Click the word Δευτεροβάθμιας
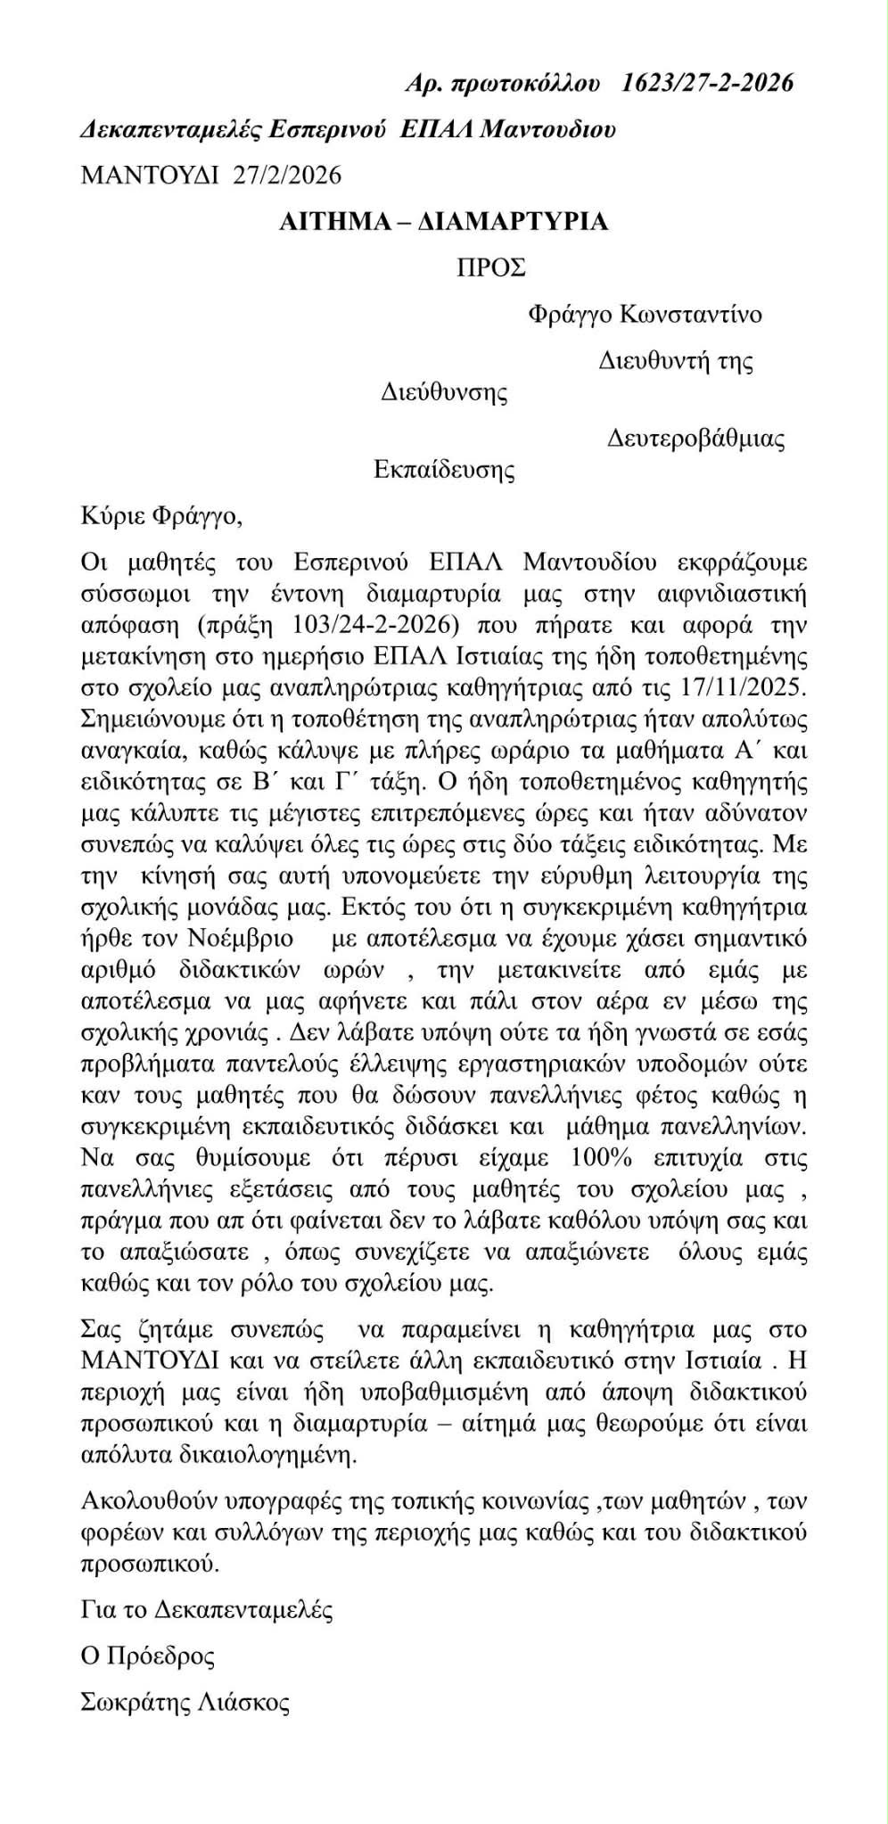[695, 439]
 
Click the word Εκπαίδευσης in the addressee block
[443, 469]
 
